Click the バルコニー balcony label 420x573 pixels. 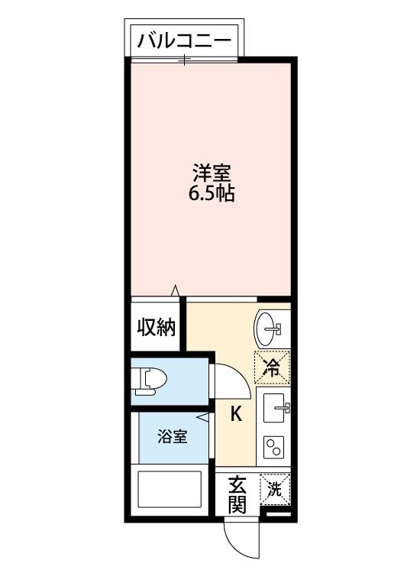[x=183, y=41]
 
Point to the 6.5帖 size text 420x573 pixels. [x=212, y=194]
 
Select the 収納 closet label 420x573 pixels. [x=157, y=328]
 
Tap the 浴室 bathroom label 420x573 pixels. [x=173, y=437]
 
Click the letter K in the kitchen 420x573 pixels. [x=237, y=414]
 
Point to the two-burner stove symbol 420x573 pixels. [x=273, y=448]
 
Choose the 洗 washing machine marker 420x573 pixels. [x=274, y=489]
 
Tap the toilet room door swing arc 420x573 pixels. [x=230, y=374]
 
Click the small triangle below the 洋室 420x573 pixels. [x=175, y=290]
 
